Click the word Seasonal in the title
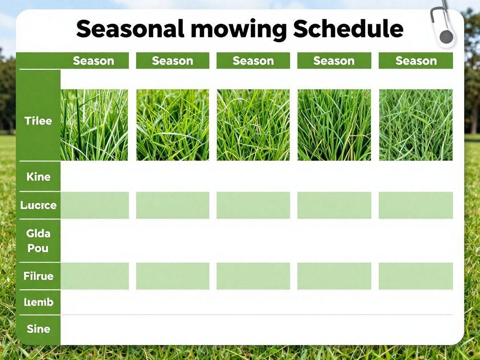[130, 29]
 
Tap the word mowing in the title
[240, 30]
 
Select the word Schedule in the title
[348, 29]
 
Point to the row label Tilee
[38, 121]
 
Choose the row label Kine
[38, 177]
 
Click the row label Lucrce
[38, 205]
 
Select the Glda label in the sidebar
[38, 233]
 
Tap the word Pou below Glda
[38, 248]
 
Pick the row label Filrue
[38, 276]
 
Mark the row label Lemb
[38, 302]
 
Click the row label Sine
[38, 329]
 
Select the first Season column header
[93, 61]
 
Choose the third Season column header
[253, 61]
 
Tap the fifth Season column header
[416, 61]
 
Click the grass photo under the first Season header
[94, 125]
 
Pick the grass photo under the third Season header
[253, 125]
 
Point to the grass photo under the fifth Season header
[416, 125]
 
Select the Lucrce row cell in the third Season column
[253, 205]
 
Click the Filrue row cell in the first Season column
[94, 276]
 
